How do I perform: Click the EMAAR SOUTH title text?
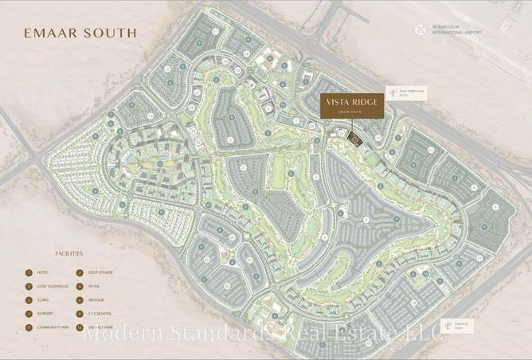(80, 33)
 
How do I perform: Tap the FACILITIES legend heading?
(68, 254)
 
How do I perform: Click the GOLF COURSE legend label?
(100, 272)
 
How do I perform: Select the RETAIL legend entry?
(95, 287)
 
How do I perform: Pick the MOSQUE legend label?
(96, 300)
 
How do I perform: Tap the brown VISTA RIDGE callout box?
(351, 106)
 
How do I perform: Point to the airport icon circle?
(421, 30)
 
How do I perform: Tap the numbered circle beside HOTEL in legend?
(29, 272)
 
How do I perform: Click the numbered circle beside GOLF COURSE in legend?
(80, 272)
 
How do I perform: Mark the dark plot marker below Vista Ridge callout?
(355, 140)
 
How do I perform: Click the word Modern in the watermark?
(120, 334)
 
